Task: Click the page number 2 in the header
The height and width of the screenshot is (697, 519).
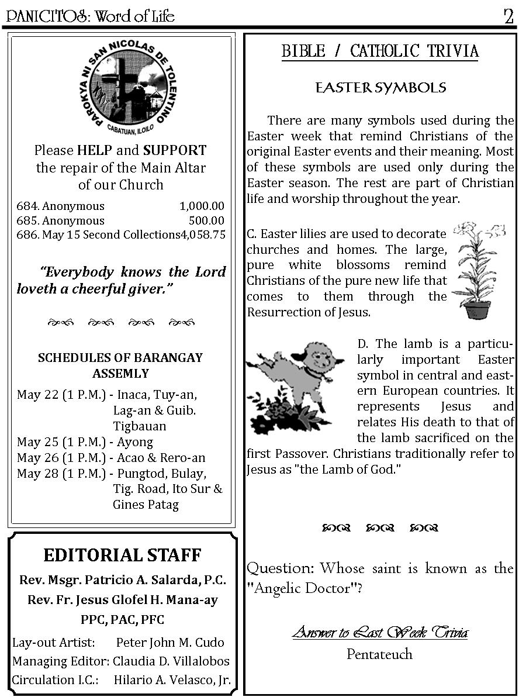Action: tap(508, 16)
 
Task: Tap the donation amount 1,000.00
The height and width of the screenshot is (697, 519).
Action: tap(202, 206)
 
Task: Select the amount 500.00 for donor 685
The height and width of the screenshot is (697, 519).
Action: tap(206, 220)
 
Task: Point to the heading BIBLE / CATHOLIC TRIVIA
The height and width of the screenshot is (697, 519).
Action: tap(380, 51)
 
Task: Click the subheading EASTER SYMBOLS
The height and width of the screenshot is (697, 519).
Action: tap(380, 88)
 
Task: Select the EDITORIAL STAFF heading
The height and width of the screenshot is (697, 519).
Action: tap(122, 555)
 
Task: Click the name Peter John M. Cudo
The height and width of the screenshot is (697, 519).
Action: tap(170, 643)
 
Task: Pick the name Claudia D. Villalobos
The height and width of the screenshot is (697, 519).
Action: tap(171, 661)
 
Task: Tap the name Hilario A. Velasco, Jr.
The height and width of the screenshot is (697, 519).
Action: tap(172, 680)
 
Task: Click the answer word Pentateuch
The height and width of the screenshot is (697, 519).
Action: tap(379, 654)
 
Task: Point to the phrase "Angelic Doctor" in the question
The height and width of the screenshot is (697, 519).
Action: tap(302, 588)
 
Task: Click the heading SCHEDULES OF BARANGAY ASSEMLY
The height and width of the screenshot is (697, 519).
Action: tap(120, 365)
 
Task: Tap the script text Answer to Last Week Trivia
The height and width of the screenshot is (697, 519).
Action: tap(380, 632)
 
